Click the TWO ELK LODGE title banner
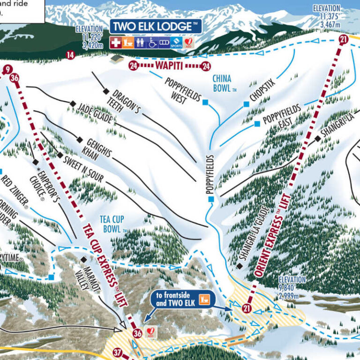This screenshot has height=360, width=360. [156, 26]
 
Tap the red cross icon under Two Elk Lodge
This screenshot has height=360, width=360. [115, 43]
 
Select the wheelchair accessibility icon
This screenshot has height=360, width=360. [152, 43]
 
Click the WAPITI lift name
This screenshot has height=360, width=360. [169, 66]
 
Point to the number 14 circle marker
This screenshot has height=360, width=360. [70, 55]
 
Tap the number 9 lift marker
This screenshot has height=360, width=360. [6, 70]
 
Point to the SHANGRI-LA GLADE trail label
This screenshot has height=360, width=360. [254, 233]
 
